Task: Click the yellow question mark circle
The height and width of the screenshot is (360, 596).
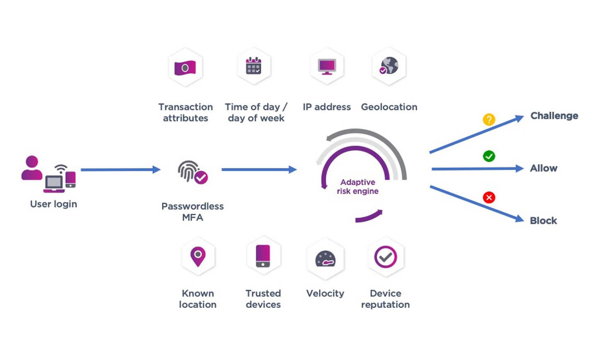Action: click(x=489, y=120)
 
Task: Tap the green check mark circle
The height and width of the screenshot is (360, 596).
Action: click(x=489, y=156)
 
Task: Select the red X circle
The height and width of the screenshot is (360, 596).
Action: click(x=489, y=197)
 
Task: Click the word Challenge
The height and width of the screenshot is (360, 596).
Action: click(x=554, y=116)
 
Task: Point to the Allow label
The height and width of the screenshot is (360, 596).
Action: click(x=543, y=168)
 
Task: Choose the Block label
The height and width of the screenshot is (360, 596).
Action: click(x=543, y=221)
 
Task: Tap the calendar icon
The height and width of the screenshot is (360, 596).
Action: click(x=253, y=66)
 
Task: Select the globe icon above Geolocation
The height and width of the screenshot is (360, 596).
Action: click(x=389, y=66)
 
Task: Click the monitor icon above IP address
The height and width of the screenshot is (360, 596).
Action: click(x=327, y=66)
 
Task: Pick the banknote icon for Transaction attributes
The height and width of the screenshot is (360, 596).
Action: click(x=185, y=67)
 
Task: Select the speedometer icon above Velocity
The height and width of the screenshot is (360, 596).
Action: click(x=325, y=259)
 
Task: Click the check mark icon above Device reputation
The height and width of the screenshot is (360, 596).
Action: click(x=385, y=257)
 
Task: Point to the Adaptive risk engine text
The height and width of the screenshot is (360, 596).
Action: click(x=358, y=187)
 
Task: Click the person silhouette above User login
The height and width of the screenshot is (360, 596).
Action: click(x=31, y=168)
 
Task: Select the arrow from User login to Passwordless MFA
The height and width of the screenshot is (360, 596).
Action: click(x=120, y=170)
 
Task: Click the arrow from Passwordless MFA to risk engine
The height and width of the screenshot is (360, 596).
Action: click(x=259, y=169)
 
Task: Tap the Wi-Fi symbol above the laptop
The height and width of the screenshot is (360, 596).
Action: click(x=61, y=169)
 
